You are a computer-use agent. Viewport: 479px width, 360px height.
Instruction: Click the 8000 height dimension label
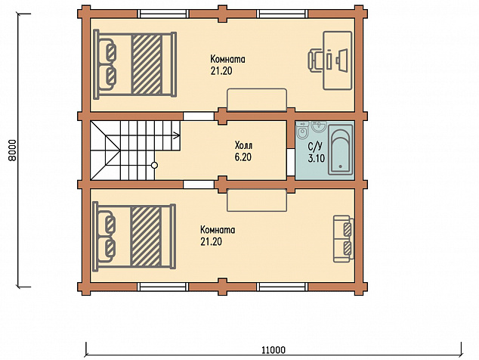click(11, 151)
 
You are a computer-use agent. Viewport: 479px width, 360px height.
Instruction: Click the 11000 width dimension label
click(273, 349)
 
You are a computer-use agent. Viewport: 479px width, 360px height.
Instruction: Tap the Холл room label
click(244, 145)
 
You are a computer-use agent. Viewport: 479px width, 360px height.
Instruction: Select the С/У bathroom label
click(315, 147)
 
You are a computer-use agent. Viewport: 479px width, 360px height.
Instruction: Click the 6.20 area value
click(243, 157)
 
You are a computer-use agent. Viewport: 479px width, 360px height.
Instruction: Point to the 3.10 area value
click(317, 158)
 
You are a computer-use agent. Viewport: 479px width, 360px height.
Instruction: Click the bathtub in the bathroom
click(341, 150)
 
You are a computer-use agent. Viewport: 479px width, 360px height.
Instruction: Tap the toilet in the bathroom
click(302, 131)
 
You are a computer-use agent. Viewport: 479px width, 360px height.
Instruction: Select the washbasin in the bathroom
click(319, 126)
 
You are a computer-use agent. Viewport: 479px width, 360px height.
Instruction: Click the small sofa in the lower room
click(343, 239)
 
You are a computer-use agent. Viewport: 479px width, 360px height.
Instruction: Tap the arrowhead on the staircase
click(177, 135)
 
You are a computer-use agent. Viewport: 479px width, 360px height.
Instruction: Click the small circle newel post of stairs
click(155, 166)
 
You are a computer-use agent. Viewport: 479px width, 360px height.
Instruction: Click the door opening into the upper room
click(198, 116)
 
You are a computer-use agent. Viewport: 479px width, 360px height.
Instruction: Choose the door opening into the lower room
click(198, 184)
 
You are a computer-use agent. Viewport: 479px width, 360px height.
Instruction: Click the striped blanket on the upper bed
click(147, 64)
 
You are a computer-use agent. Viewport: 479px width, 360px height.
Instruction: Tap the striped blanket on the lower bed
click(146, 236)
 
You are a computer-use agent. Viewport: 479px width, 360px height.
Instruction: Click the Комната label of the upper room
click(228, 59)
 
